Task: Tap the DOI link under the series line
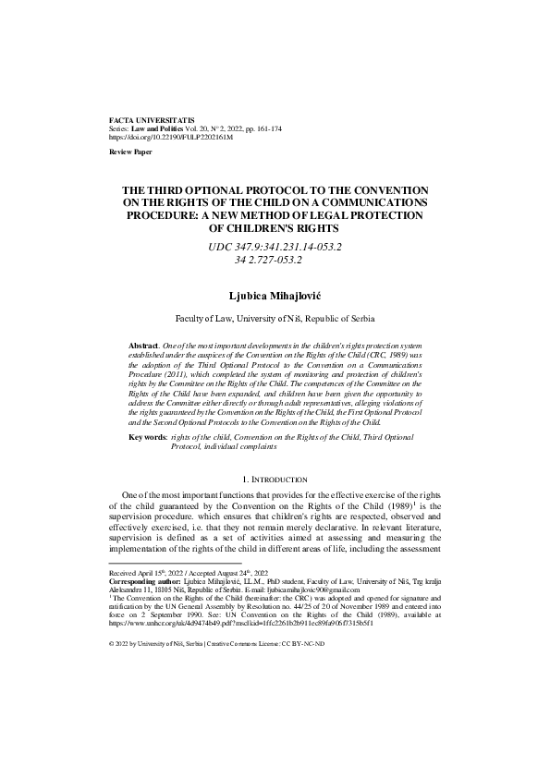point(171,136)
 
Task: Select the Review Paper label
point(131,150)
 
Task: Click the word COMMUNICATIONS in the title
point(364,201)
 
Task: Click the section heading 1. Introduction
point(275,480)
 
